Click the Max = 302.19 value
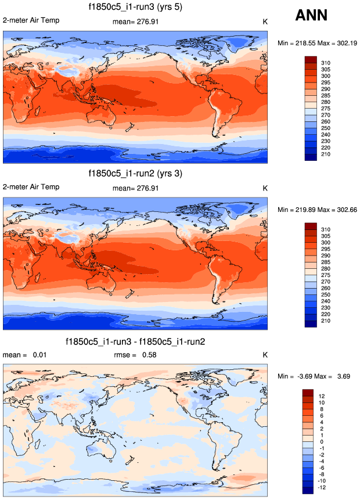point(336,43)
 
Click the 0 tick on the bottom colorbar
point(322,441)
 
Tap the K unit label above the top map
point(265,21)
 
